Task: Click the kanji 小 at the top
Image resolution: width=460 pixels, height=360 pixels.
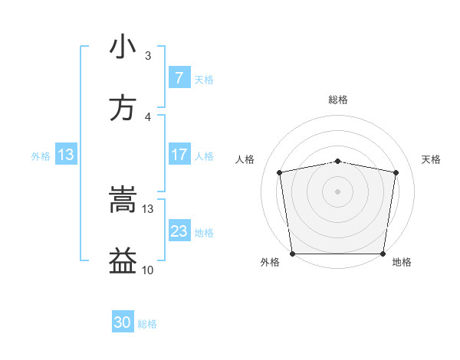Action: tap(123, 47)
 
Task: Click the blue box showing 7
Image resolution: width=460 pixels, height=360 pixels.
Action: tap(179, 78)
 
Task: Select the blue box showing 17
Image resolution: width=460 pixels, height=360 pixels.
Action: tap(179, 155)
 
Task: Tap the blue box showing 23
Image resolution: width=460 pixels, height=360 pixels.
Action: tap(179, 231)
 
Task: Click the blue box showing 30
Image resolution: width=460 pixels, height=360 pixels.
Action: tap(123, 322)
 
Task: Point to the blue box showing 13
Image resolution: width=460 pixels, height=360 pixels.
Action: tap(66, 155)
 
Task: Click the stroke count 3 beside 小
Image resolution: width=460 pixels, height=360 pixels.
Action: tap(148, 56)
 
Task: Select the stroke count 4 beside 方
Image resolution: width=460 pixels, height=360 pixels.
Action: tap(148, 117)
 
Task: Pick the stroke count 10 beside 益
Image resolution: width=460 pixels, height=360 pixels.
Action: tap(148, 270)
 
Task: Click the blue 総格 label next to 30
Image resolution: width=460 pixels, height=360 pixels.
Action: tap(147, 324)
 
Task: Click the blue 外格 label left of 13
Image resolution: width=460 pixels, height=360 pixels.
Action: tap(41, 156)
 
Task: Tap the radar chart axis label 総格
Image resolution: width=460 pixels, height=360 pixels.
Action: tap(338, 100)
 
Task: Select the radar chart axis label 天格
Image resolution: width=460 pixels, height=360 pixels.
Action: tap(432, 159)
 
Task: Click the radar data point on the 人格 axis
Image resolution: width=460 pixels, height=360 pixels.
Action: tap(280, 172)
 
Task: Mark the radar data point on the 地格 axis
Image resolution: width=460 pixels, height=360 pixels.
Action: tap(383, 254)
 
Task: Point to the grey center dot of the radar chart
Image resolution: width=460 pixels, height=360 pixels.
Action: tap(338, 191)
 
